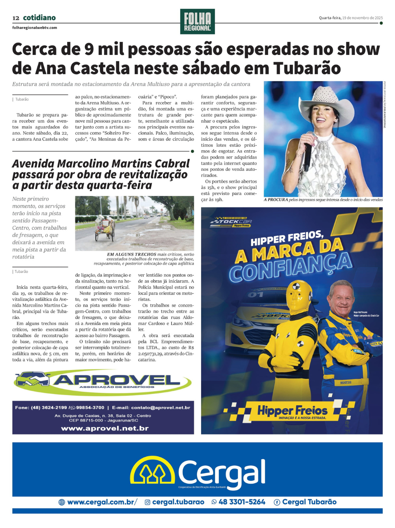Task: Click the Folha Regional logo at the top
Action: [x=197, y=21]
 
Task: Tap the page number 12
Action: [x=16, y=18]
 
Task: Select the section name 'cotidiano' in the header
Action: [x=39, y=18]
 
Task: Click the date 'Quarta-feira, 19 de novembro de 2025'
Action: [x=351, y=18]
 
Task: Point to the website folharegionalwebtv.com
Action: [x=34, y=28]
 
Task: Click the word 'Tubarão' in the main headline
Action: [x=307, y=68]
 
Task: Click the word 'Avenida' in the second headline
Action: [x=33, y=164]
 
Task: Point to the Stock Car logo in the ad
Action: [x=231, y=222]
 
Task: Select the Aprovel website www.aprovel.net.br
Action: [x=105, y=428]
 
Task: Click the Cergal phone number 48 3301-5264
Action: [x=242, y=502]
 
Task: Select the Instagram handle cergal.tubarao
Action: [x=178, y=502]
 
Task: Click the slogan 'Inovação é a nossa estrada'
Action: [x=303, y=418]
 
